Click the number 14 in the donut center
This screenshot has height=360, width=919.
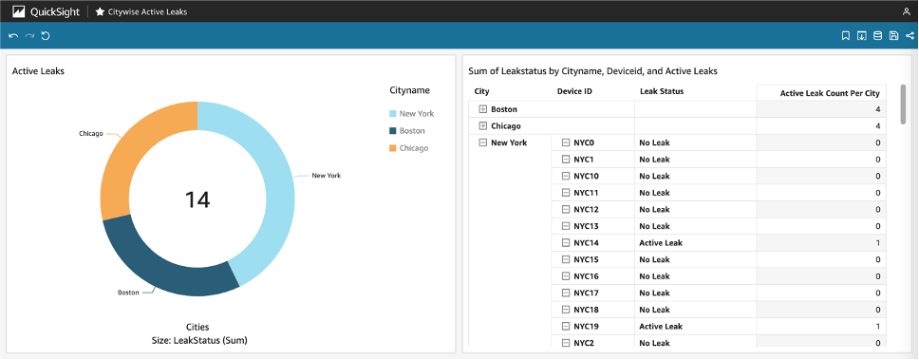click(x=197, y=199)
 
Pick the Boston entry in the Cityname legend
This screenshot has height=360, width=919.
click(x=411, y=131)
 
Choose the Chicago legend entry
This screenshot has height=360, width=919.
click(x=413, y=148)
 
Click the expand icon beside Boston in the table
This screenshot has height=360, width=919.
click(x=483, y=109)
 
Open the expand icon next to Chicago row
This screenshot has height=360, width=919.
click(x=483, y=125)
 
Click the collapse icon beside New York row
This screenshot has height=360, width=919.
click(x=483, y=142)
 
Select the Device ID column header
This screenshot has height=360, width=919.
click(x=574, y=91)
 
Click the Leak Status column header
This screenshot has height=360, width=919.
click(x=662, y=91)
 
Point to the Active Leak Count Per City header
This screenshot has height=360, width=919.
click(x=829, y=92)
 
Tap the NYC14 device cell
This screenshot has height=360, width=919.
click(x=586, y=243)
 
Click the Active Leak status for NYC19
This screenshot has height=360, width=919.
click(x=661, y=326)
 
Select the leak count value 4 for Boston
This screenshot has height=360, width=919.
click(x=877, y=109)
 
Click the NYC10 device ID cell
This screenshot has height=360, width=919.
click(x=586, y=176)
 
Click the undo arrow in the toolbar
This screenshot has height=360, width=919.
click(x=13, y=36)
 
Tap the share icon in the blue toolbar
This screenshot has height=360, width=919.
click(x=910, y=36)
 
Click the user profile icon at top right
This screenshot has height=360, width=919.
click(x=906, y=11)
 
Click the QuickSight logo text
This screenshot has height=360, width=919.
click(x=55, y=11)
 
